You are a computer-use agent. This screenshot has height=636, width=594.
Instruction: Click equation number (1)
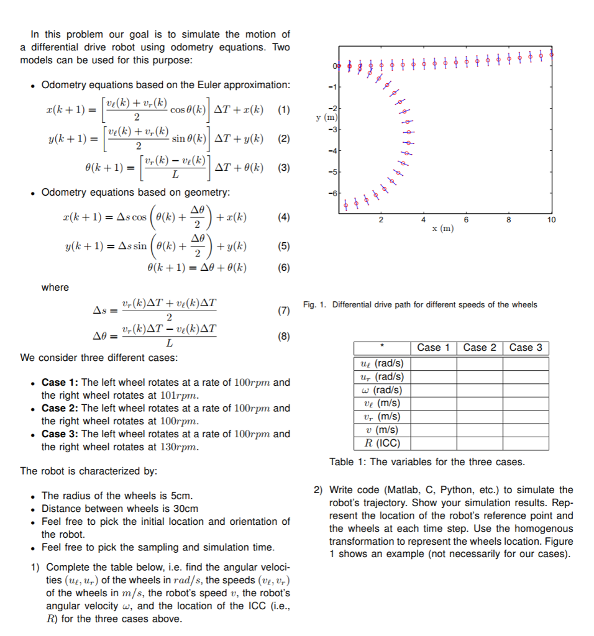(284, 111)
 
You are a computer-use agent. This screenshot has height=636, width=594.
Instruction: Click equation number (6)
(284, 268)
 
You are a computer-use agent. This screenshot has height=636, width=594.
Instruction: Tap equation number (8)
(284, 337)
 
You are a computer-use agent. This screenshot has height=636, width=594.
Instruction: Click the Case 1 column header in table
(433, 348)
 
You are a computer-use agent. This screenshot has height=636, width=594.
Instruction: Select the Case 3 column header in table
(526, 348)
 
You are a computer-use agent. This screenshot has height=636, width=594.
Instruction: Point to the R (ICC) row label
(382, 443)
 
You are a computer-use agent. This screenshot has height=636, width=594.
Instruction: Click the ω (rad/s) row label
(382, 390)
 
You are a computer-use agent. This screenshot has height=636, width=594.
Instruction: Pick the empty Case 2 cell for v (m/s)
(479, 430)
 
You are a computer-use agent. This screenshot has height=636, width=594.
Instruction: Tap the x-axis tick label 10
(551, 220)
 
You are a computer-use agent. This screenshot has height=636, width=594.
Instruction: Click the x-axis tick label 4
(424, 220)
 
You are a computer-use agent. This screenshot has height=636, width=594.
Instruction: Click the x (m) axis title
(443, 229)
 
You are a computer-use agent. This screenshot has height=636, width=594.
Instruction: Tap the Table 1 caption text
(427, 462)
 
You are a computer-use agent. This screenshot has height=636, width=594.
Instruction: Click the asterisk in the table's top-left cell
(382, 348)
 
